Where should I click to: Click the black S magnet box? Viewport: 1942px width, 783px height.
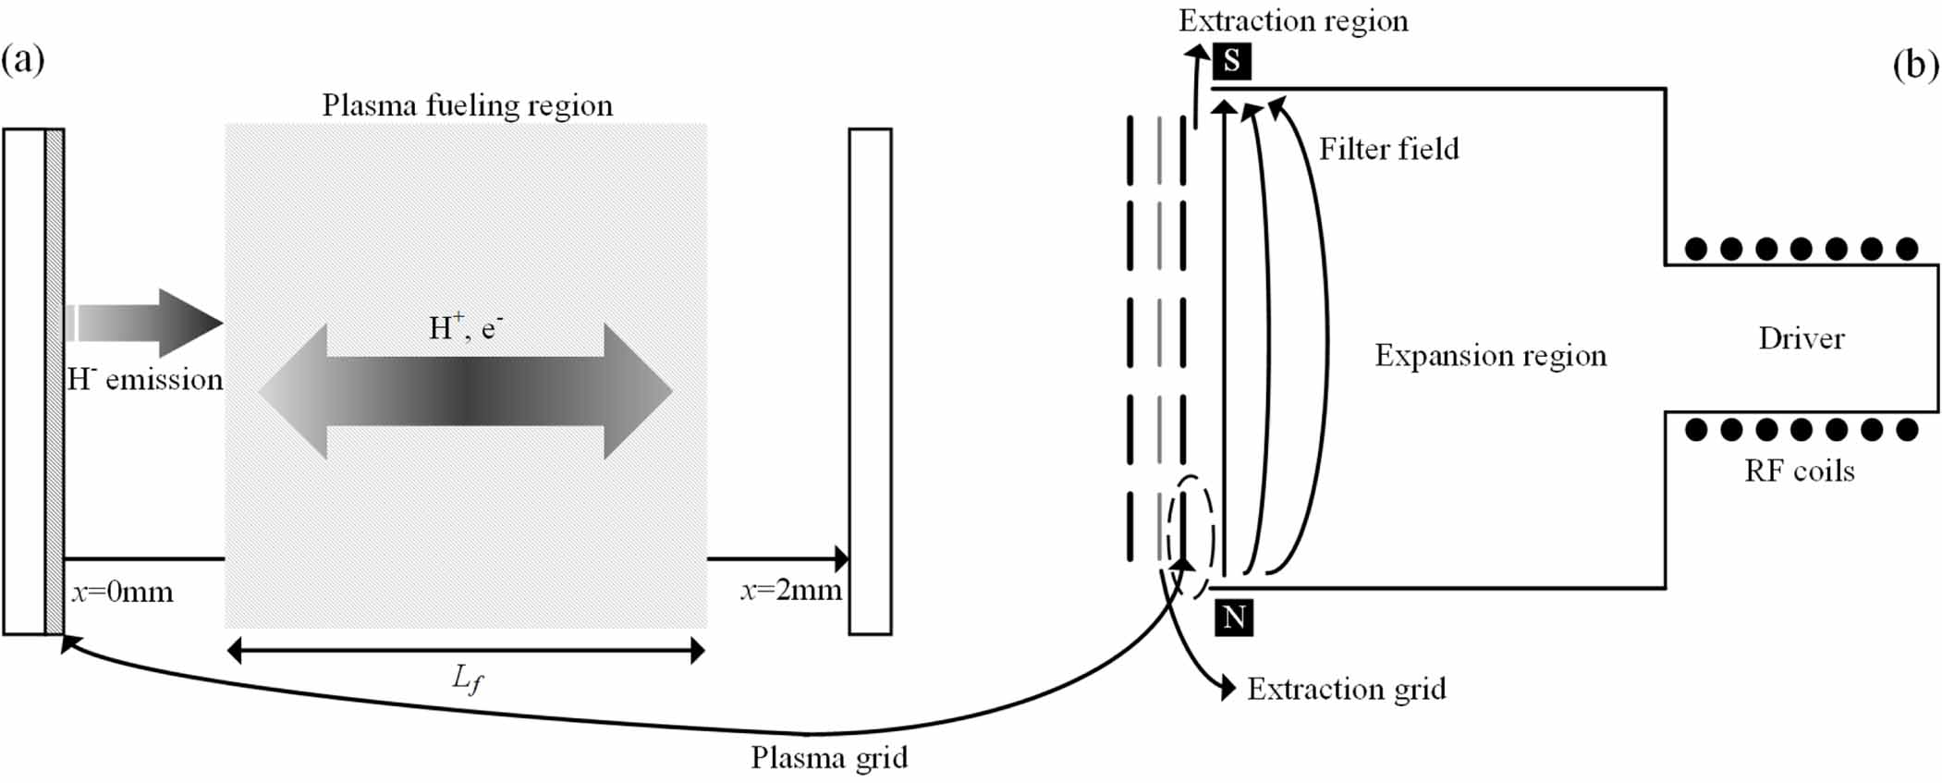point(1231,61)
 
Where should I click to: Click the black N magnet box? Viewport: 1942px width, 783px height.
point(1234,617)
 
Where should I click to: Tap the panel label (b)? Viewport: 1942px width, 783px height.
point(1915,65)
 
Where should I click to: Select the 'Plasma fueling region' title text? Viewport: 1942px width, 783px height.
point(467,105)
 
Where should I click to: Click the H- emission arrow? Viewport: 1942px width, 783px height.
point(148,324)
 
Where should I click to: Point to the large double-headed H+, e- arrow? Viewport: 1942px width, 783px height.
point(465,392)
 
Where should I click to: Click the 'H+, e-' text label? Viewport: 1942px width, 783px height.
point(465,327)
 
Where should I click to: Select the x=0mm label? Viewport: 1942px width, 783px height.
point(123,592)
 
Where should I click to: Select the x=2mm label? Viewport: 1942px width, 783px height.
point(791,590)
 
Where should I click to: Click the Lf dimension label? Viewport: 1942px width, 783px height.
point(467,679)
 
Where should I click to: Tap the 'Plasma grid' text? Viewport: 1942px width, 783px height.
point(829,757)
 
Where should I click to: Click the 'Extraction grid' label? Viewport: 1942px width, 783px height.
point(1346,689)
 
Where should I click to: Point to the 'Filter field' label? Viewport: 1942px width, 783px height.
point(1388,149)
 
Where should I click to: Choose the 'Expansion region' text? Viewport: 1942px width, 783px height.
point(1490,355)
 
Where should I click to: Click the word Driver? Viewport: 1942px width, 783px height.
point(1801,338)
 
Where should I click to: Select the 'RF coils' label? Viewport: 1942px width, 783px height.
point(1799,471)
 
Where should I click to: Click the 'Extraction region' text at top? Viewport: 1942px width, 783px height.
point(1293,20)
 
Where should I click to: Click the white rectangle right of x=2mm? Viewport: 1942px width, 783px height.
point(870,381)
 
